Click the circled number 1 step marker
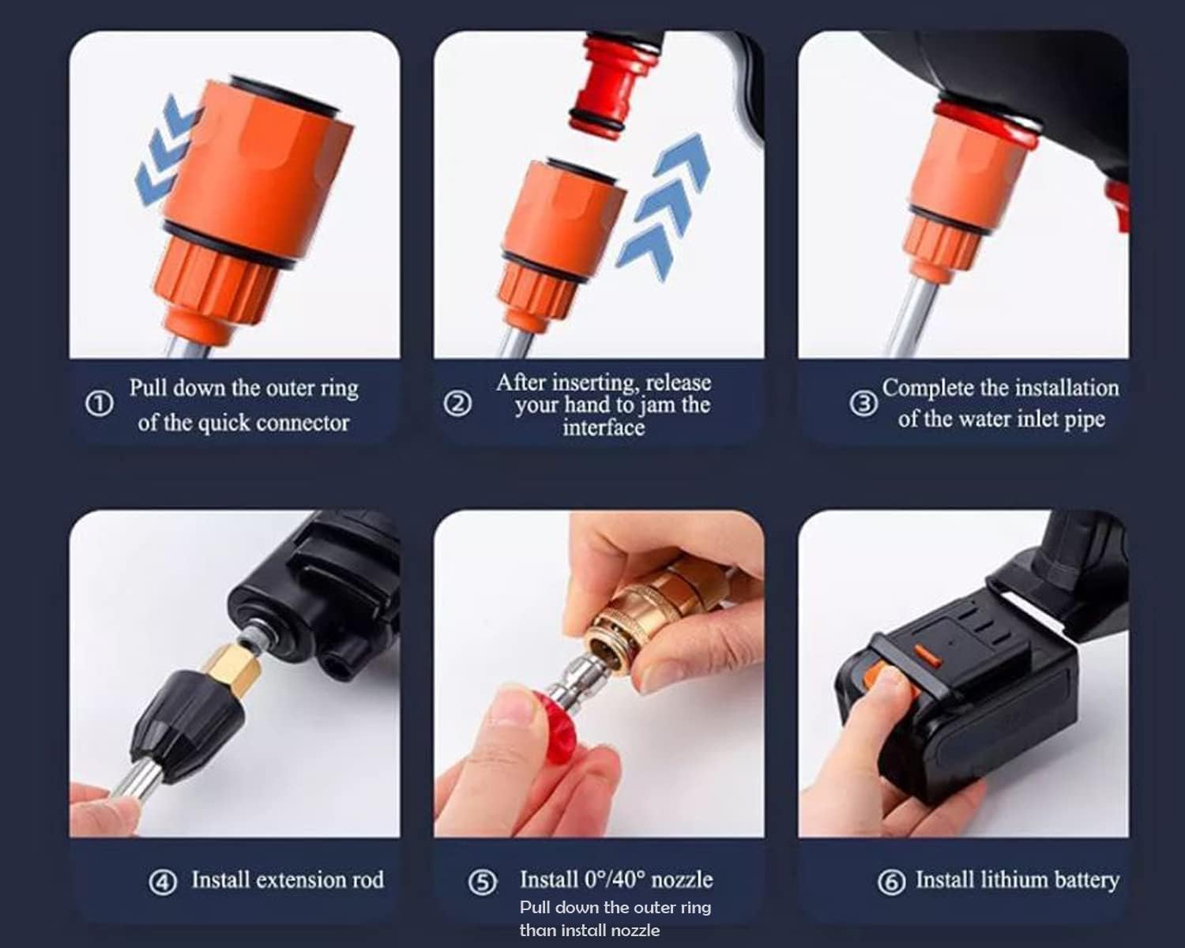coord(99,404)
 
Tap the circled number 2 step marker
coord(457,404)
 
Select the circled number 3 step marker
coord(863,404)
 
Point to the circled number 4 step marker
coord(163,882)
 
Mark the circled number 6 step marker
coord(891,882)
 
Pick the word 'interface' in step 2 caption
coord(604,427)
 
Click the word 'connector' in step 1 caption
coord(303,423)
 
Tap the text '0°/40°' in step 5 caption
coord(615,879)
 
